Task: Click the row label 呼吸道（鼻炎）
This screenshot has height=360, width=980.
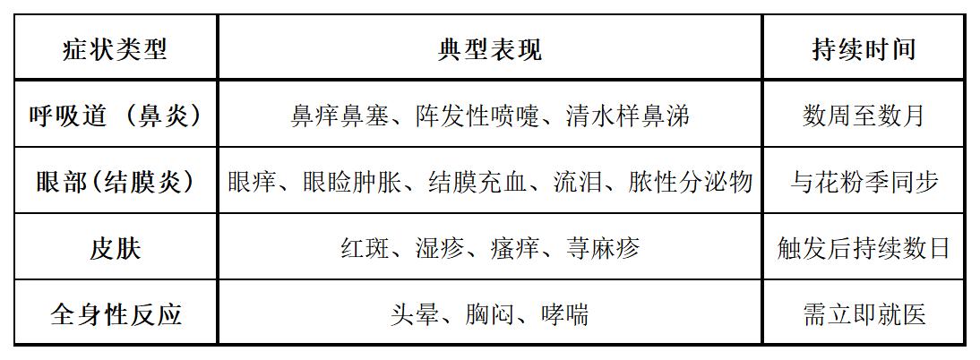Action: [116, 116]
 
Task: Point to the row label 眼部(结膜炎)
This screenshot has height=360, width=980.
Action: [116, 182]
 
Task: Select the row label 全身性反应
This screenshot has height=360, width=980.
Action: [116, 314]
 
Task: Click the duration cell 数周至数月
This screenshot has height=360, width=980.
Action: [864, 116]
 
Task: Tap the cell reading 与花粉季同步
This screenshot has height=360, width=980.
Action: [864, 182]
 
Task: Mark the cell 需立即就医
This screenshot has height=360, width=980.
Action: [864, 314]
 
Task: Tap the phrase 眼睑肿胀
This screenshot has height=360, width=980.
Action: [352, 182]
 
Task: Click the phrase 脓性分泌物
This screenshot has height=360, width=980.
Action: [690, 182]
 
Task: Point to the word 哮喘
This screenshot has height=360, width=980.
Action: [564, 314]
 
